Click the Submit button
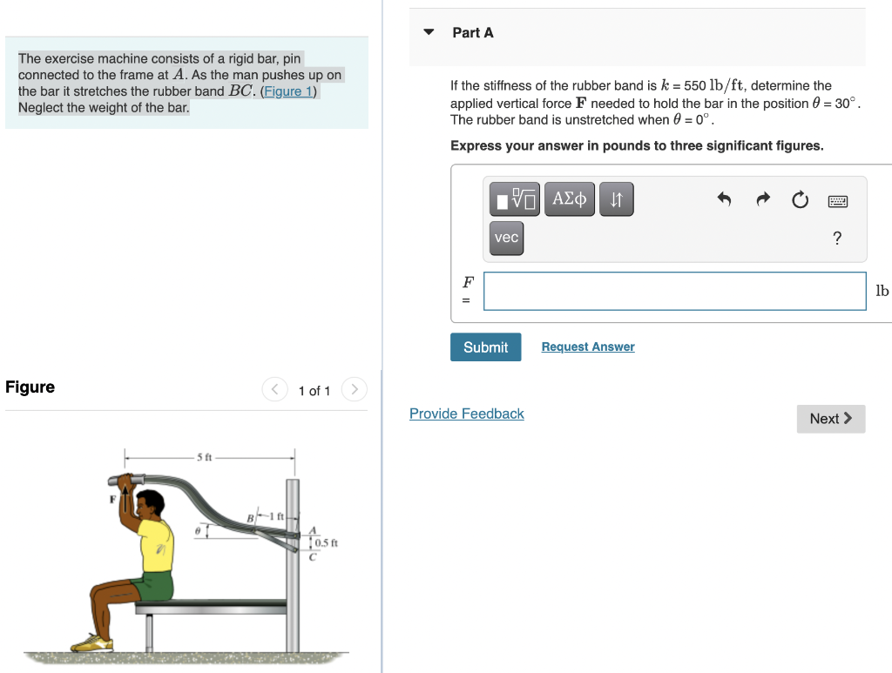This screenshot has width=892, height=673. pos(485,347)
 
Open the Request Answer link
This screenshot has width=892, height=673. pos(588,347)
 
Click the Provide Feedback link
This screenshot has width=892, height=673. pos(467,414)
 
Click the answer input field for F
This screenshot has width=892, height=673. pos(675,291)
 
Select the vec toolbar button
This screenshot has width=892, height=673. pos(506,238)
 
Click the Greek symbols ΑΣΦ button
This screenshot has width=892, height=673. pos(570,199)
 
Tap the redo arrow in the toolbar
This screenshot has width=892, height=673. pos(762,200)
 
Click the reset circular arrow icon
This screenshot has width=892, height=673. pos(800,200)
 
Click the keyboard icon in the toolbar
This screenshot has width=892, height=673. pos(837,201)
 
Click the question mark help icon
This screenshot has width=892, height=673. pos(837,239)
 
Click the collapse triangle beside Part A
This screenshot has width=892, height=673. pos(429,33)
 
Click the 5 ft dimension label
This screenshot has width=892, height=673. pos(205,457)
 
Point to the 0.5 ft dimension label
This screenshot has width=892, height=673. pos(326,543)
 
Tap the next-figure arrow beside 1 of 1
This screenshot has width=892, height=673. pos(354,390)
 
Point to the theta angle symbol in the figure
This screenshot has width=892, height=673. pos(198,528)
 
